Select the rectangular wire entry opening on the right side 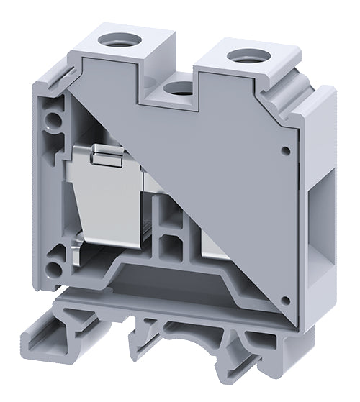pos(321,187)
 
